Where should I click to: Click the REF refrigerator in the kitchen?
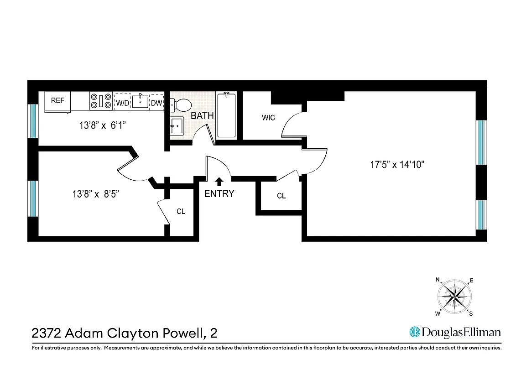click(x=57, y=101)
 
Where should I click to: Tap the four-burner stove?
click(x=101, y=101)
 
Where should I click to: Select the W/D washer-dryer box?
click(x=122, y=103)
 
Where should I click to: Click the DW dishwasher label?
click(x=156, y=103)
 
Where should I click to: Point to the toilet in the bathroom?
click(x=183, y=105)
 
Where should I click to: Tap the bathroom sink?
click(x=176, y=125)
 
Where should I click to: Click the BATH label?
click(x=202, y=116)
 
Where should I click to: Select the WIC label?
click(x=268, y=118)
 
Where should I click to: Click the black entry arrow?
click(x=219, y=181)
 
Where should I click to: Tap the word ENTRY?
click(x=219, y=193)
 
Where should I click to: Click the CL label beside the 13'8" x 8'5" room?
click(x=181, y=212)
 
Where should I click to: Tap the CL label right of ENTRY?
click(x=281, y=196)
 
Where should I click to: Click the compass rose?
click(x=454, y=297)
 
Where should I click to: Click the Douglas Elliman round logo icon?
click(x=414, y=332)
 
